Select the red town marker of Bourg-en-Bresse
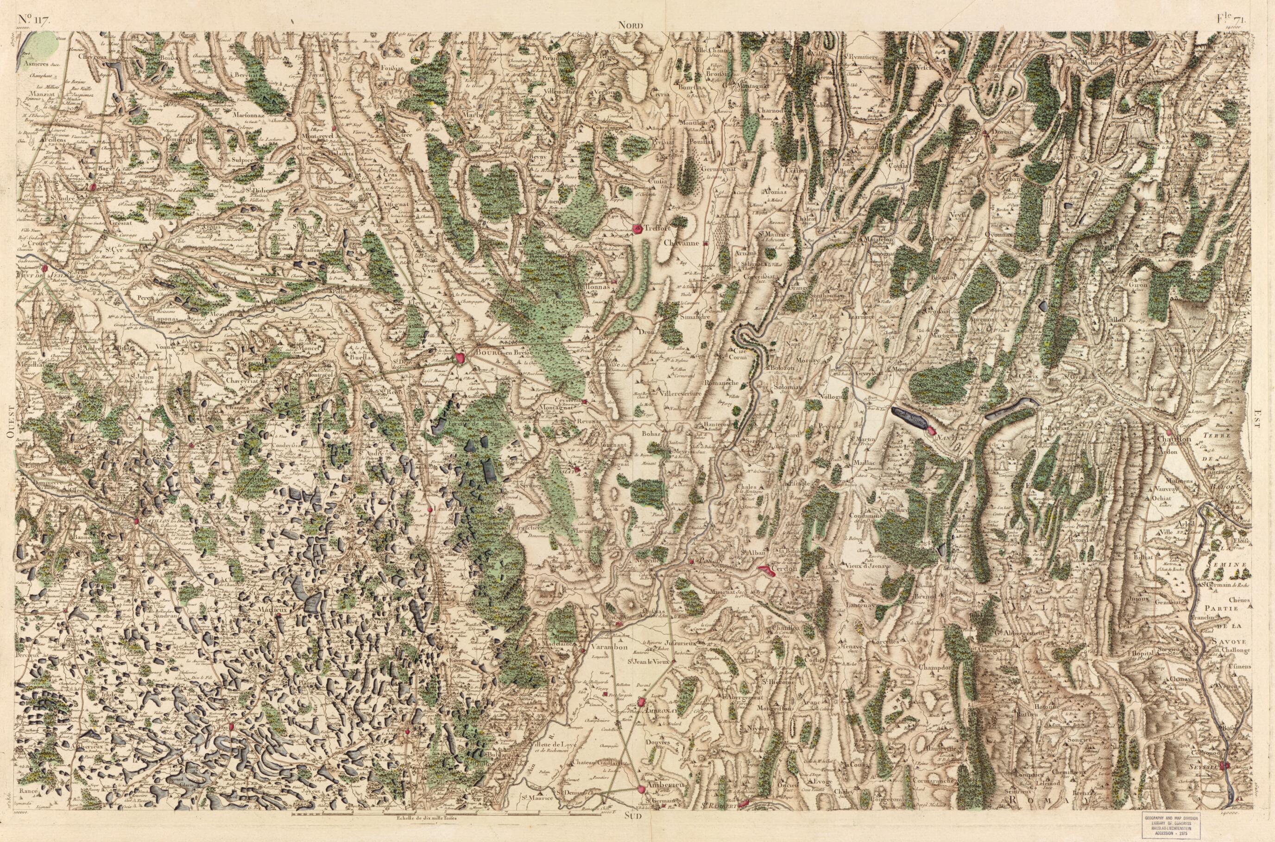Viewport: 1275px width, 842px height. pyautogui.click(x=460, y=357)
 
